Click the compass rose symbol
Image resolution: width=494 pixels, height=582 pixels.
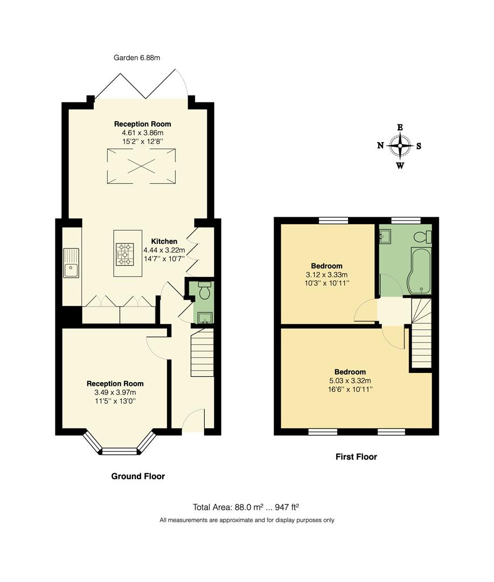pyautogui.click(x=400, y=145)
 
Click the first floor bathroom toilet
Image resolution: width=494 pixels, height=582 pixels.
pyautogui.click(x=422, y=236)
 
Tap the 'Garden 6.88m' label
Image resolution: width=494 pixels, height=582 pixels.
pyautogui.click(x=137, y=58)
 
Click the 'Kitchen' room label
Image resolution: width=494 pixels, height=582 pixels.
pyautogui.click(x=164, y=241)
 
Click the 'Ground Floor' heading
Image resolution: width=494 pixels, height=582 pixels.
pyautogui.click(x=138, y=476)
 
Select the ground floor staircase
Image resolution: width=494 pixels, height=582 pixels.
pyautogui.click(x=202, y=354)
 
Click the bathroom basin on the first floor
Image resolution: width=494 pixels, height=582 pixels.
pyautogui.click(x=386, y=237)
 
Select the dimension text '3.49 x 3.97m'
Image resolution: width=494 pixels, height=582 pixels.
pyautogui.click(x=115, y=392)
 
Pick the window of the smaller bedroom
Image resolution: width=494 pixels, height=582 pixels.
pyautogui.click(x=333, y=220)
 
